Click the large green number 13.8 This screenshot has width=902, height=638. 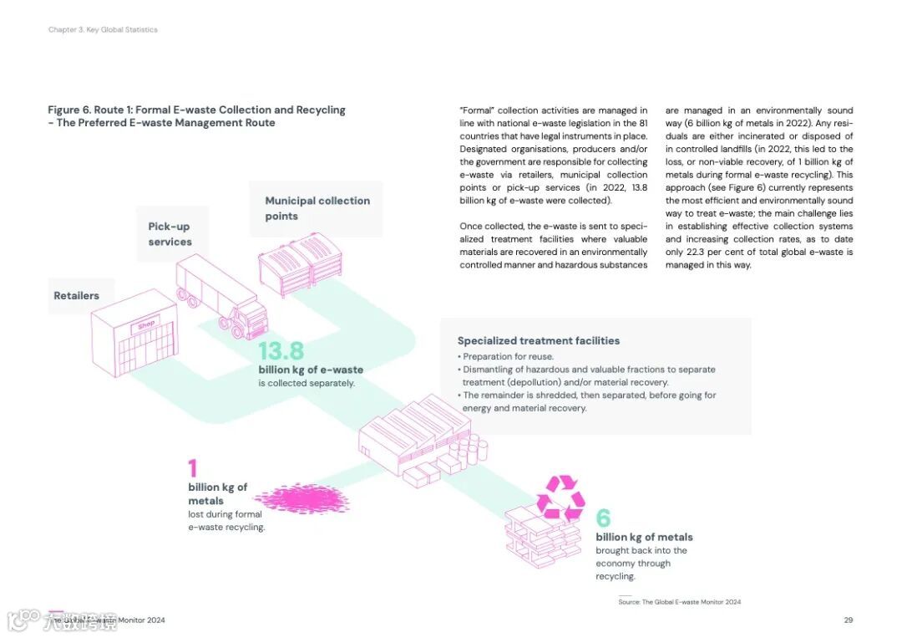pos(281,351)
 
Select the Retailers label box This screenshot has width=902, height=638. pos(77,296)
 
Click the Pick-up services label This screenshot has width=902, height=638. pos(170,234)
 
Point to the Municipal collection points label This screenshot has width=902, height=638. pos(317,208)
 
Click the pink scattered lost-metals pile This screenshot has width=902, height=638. pos(307,499)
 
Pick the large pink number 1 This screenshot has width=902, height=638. pos(193,468)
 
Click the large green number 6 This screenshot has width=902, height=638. pos(603,519)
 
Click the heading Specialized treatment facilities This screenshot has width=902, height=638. pos(539,340)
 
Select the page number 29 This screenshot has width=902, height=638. pos(848,620)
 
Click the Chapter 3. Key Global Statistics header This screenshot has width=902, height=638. pos(103,30)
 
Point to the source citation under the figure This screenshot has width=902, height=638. pos(679,602)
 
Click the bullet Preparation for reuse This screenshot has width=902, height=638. pos(506,356)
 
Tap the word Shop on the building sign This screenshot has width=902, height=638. pos(146,324)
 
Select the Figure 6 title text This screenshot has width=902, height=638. pos(196,116)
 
